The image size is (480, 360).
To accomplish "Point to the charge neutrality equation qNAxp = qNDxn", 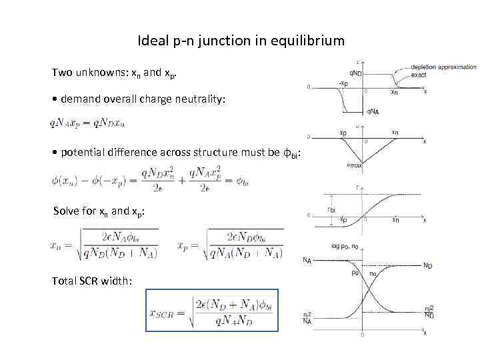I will pyautogui.click(x=87, y=123).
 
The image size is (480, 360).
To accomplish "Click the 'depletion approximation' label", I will pyautogui.click(x=443, y=67).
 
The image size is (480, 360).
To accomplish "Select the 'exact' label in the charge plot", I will pyautogui.click(x=419, y=75).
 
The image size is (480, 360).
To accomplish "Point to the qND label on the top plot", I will pyautogui.click(x=356, y=73).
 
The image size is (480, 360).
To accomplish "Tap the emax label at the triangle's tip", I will pyautogui.click(x=355, y=165).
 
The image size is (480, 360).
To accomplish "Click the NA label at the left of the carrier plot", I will pyautogui.click(x=307, y=260).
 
